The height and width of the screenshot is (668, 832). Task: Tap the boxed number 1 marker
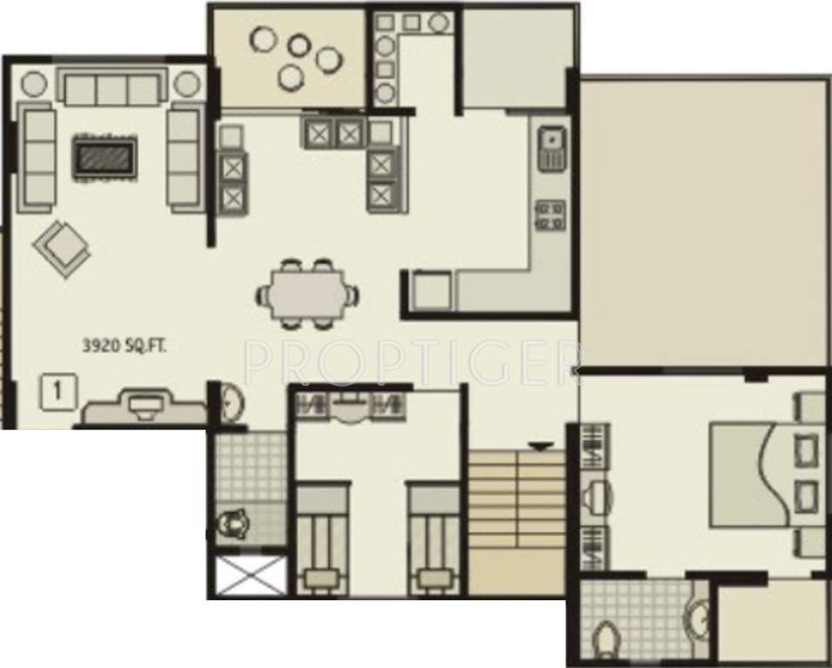coord(57,391)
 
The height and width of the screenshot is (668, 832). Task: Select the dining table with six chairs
coord(307,295)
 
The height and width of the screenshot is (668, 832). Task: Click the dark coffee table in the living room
coord(104,157)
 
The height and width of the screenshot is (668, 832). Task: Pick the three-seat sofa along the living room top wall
coord(111,87)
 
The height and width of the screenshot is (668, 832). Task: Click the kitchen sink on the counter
coord(552,148)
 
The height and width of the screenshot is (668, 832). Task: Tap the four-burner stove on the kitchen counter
coord(551,214)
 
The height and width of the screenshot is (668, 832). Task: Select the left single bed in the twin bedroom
coord(322,539)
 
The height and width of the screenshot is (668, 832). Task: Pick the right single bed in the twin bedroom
coord(433,539)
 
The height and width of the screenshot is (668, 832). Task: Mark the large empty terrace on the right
coord(703,222)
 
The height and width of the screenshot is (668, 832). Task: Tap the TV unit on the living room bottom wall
coord(142,407)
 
